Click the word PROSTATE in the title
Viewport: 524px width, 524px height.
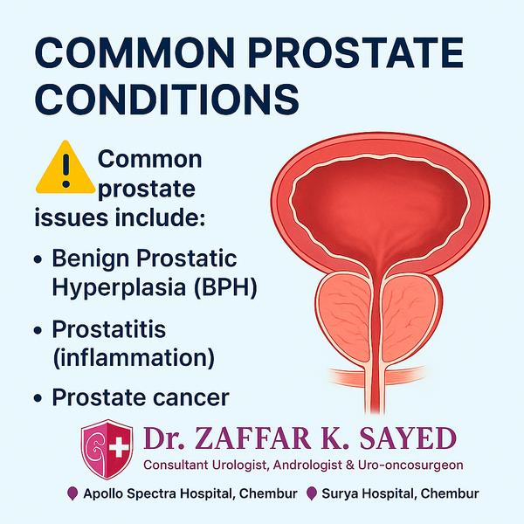tap(355, 52)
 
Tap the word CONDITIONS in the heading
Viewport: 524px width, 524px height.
tap(167, 100)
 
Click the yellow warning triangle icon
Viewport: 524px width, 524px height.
tap(65, 167)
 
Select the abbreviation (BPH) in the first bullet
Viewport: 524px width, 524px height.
tap(225, 287)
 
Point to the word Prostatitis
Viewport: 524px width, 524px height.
tap(109, 329)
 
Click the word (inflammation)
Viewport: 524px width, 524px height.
tap(134, 357)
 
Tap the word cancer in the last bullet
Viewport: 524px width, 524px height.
tap(190, 397)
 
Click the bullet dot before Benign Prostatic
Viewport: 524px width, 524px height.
tap(38, 259)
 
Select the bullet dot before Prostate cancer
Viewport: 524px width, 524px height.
tap(38, 398)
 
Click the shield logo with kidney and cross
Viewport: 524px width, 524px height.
tap(107, 449)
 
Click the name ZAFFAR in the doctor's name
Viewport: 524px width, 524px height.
tap(252, 438)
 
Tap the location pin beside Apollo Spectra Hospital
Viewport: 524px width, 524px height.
tap(72, 493)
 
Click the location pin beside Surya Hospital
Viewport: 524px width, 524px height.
tap(312, 493)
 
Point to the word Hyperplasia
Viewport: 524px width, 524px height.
tap(119, 287)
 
